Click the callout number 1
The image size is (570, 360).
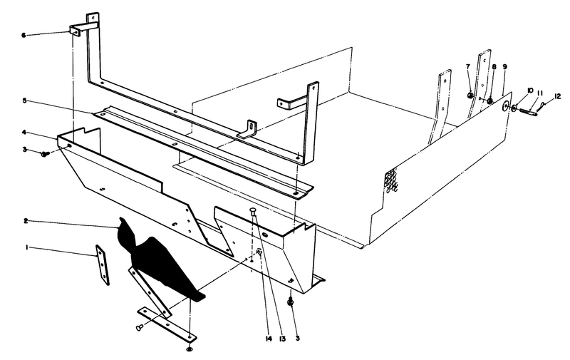27,247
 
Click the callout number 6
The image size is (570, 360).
24,34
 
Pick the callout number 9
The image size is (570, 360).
504,66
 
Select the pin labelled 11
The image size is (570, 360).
529,109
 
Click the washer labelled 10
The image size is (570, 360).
514,108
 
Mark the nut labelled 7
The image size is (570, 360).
470,96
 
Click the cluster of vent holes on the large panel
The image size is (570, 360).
392,181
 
